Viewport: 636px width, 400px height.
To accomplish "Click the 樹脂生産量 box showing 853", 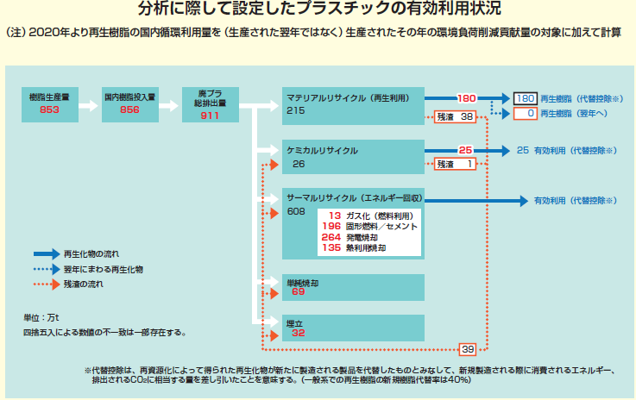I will (48, 103).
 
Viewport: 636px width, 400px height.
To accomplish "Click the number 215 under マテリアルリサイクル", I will (297, 111).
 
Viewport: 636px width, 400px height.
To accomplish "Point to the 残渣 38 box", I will (453, 116).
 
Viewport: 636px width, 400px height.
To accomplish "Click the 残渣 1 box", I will (455, 164).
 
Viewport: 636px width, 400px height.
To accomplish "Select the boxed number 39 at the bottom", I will (468, 349).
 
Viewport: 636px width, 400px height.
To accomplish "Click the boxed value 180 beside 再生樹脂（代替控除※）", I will (526, 99).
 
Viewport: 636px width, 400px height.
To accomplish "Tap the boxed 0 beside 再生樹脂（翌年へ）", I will (526, 113).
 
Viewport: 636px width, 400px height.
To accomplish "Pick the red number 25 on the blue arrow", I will (465, 149).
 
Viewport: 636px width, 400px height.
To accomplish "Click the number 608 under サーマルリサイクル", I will (297, 211).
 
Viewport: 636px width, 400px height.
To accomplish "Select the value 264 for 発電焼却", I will (331, 236).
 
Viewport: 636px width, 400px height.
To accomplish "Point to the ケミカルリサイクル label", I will (322, 151).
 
